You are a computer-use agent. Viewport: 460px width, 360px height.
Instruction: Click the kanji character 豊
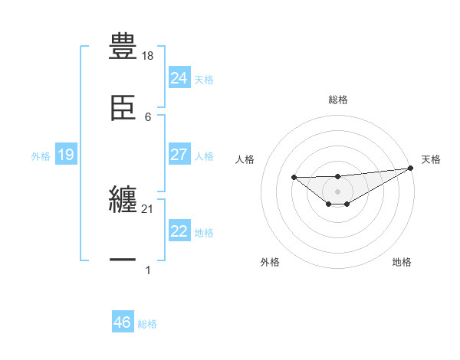[123, 46]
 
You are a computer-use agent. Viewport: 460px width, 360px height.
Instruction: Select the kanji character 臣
[123, 106]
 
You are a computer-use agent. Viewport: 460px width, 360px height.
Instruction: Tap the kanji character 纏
[123, 199]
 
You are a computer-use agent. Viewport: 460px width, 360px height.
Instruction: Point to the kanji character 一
[123, 260]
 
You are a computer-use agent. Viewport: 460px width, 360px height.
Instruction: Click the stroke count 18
[149, 56]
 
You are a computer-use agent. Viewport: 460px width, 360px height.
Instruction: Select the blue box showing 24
[179, 77]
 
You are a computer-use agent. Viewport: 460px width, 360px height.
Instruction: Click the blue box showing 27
[179, 155]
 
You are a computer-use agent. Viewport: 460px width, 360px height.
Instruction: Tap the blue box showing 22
[179, 231]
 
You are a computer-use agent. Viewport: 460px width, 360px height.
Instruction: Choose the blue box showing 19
[65, 155]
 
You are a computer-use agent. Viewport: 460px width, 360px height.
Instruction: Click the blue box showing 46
[122, 322]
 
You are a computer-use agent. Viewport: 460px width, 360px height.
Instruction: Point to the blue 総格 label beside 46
[147, 324]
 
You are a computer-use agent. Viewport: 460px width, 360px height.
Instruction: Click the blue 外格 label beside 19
[41, 156]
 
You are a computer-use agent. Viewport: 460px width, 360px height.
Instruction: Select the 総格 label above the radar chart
[337, 100]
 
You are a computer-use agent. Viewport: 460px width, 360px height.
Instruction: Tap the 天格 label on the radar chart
[432, 159]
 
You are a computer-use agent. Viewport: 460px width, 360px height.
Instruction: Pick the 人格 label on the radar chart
[245, 159]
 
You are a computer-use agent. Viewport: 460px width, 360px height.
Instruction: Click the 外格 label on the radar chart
[269, 262]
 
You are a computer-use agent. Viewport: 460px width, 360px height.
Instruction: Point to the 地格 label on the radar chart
[402, 262]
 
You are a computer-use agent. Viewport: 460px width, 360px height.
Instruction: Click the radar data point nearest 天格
[410, 168]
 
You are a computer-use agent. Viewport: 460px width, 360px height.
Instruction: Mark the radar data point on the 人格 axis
[294, 178]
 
